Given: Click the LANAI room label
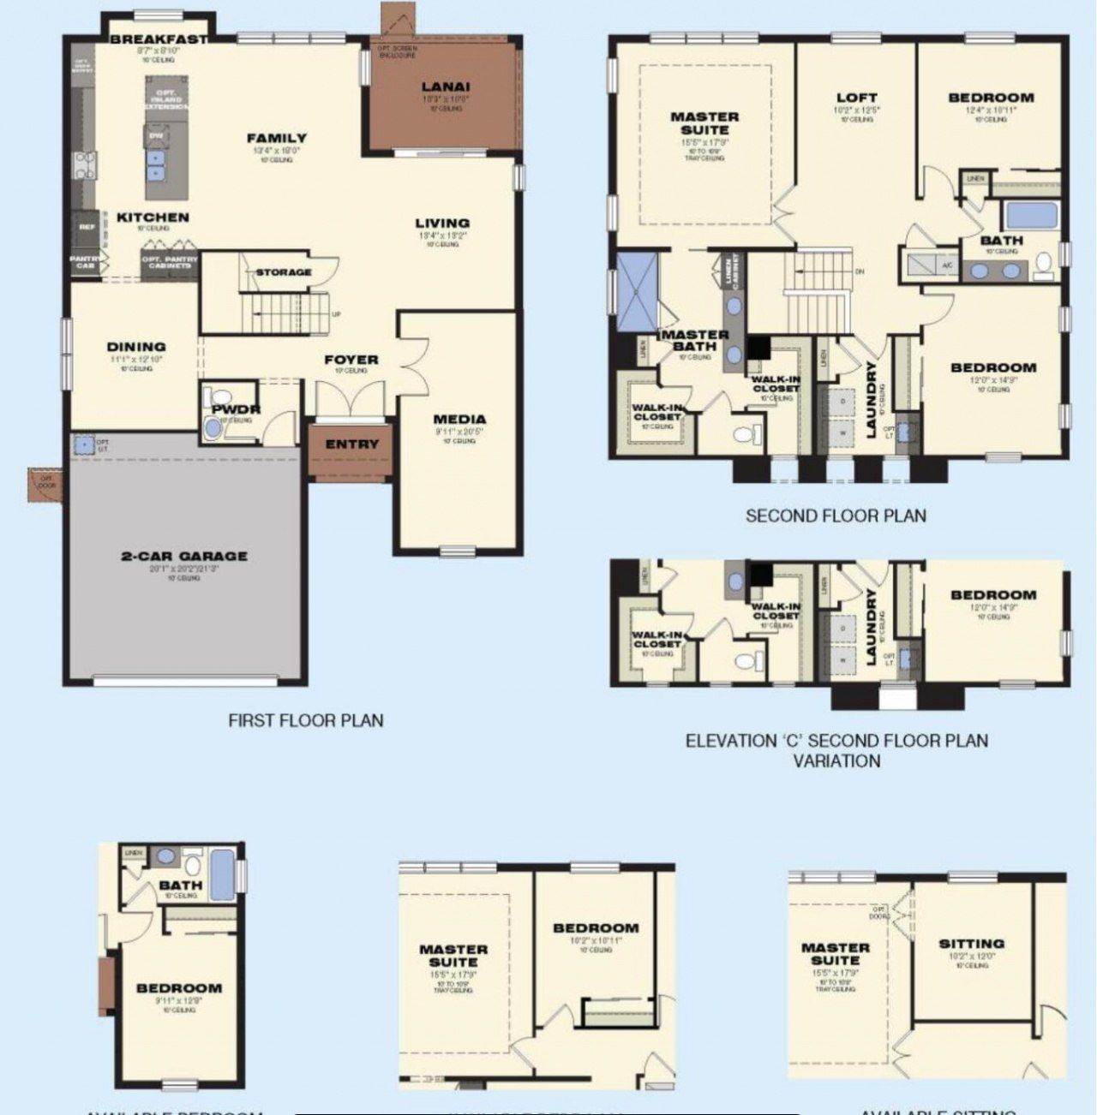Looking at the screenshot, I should click(445, 86).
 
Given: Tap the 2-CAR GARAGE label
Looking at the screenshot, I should click(184, 556).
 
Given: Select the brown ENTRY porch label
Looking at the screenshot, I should click(351, 444).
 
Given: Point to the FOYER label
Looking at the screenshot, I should click(351, 360).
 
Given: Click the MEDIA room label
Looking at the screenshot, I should click(459, 420).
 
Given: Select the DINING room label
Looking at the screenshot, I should click(136, 347).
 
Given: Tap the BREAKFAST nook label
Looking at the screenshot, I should click(159, 39).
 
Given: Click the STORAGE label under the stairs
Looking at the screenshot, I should click(284, 272).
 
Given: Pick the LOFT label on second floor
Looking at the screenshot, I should click(856, 98).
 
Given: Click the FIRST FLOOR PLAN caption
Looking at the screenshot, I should click(305, 720).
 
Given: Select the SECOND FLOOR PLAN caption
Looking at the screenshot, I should click(836, 516).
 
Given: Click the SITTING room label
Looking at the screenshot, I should click(971, 944).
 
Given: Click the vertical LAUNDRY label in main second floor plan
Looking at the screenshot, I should click(871, 400).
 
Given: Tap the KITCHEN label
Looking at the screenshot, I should click(153, 218).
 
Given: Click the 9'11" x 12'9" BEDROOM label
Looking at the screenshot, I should click(179, 988).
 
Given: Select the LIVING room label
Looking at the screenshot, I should click(442, 224).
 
